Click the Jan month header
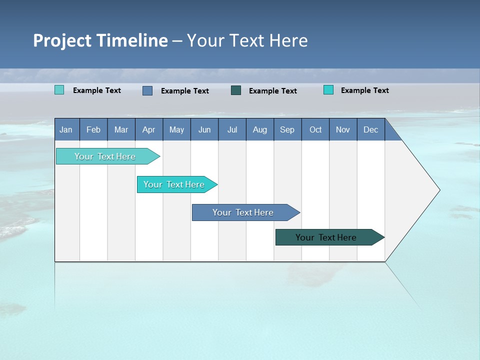point(66,129)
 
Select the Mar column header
point(121,129)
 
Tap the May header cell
point(176,129)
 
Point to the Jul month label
point(232,129)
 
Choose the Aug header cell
point(259,129)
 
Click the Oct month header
point(315,129)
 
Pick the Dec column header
point(370,129)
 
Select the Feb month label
point(93,129)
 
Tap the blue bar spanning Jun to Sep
point(243,212)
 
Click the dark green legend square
point(236,90)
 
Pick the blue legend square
point(147,90)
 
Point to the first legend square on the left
point(59,90)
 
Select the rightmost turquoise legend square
point(328,90)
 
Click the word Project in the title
point(62,40)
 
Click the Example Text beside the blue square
point(184,91)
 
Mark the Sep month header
point(287,129)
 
